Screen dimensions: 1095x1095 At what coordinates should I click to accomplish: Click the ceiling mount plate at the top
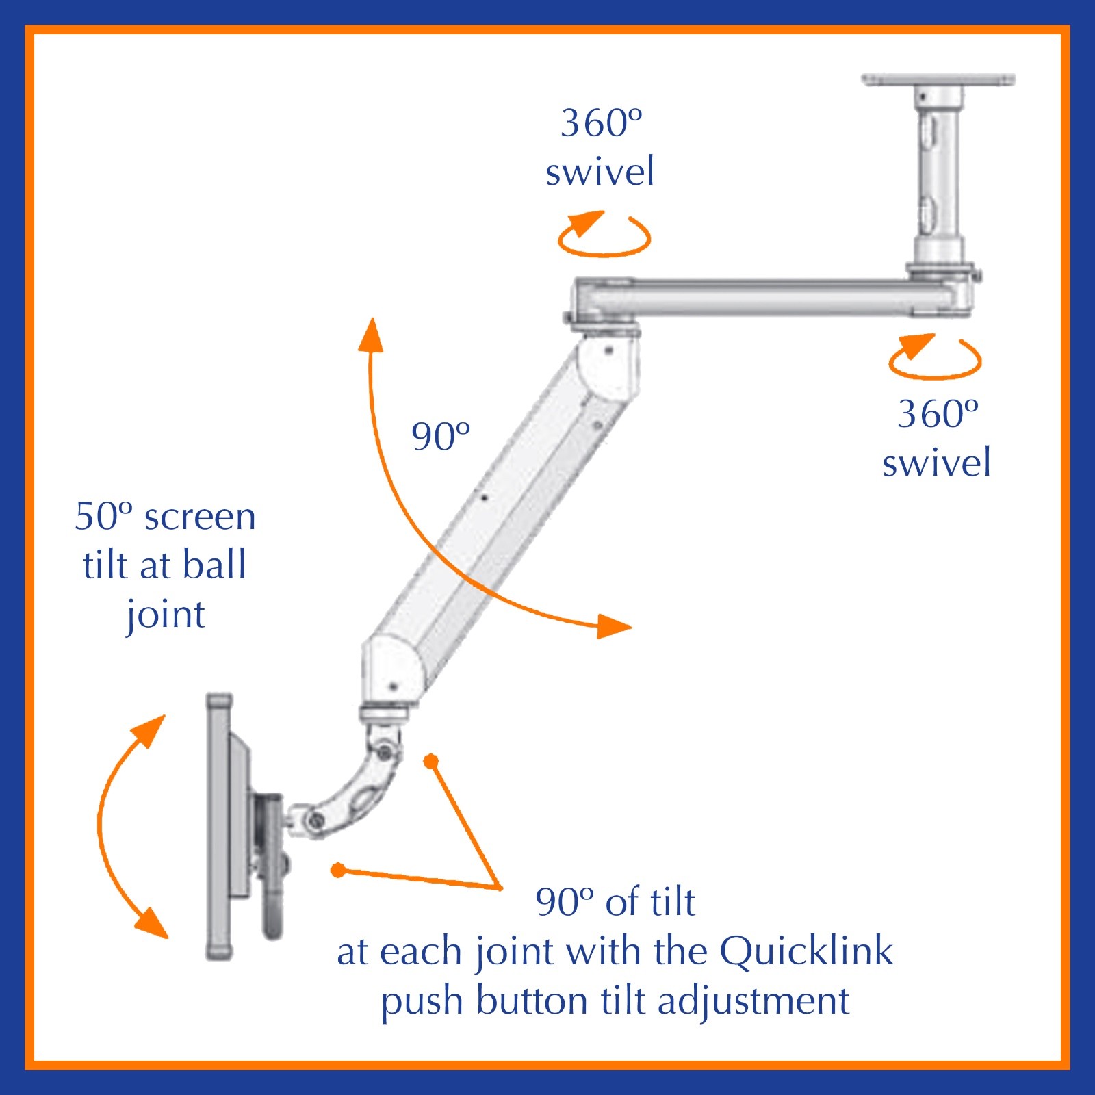(x=938, y=79)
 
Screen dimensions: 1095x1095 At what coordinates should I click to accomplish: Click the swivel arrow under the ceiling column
(x=935, y=357)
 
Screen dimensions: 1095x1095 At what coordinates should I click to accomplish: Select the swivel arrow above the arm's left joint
(x=604, y=235)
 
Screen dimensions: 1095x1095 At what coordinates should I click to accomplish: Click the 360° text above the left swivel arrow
(x=601, y=123)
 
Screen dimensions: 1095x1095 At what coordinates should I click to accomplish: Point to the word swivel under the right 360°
(x=936, y=463)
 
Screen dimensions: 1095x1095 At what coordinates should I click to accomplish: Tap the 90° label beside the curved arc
(x=440, y=437)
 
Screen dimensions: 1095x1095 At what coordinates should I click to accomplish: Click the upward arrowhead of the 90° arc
(x=372, y=335)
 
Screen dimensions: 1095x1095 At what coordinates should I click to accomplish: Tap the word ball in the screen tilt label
(x=214, y=565)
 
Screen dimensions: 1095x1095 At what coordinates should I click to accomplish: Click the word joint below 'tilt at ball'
(x=166, y=615)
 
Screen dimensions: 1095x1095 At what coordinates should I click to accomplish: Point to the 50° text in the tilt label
(x=103, y=516)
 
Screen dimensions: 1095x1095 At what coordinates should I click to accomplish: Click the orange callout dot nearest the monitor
(x=338, y=870)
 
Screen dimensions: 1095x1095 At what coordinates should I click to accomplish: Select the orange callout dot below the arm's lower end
(x=430, y=761)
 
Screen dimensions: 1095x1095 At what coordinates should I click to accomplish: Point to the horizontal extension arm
(x=766, y=298)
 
